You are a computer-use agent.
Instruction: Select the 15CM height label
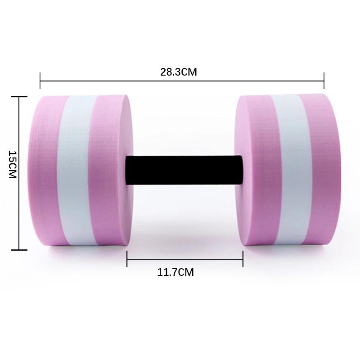[x=12, y=165]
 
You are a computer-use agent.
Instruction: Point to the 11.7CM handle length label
[x=175, y=272]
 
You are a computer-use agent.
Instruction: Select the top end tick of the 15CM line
[x=19, y=96]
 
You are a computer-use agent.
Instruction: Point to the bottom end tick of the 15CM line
[x=19, y=250]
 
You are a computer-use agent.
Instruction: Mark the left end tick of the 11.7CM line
[x=127, y=259]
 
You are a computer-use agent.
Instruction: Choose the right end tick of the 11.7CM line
[x=243, y=259]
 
